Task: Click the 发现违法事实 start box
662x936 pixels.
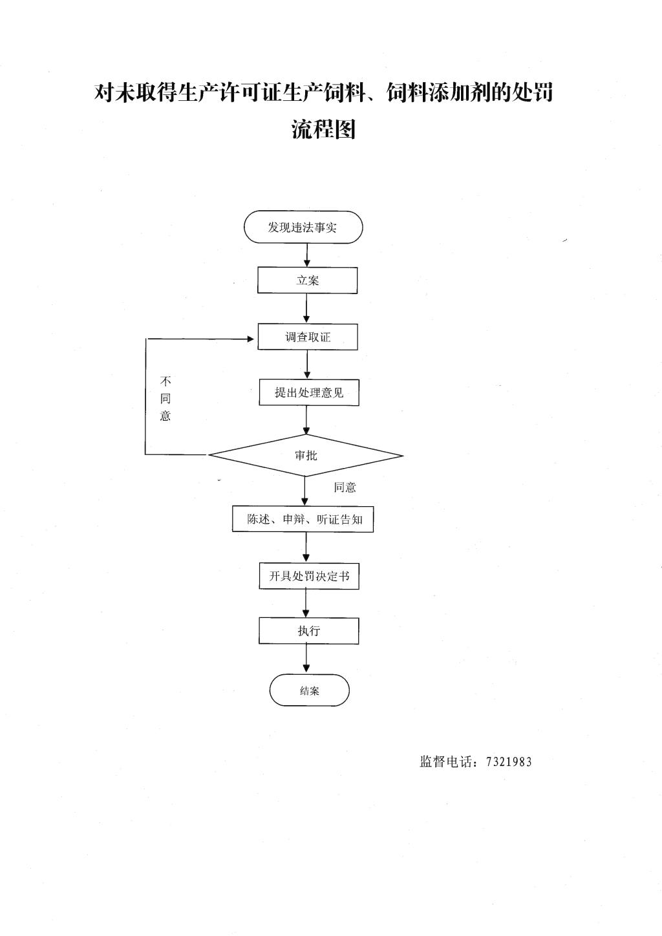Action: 303,227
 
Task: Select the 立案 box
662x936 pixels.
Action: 307,280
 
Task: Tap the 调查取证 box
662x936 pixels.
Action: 308,337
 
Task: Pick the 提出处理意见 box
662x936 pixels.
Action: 309,392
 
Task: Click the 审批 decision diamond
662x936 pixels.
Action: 306,456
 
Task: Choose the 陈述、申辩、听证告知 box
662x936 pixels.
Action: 303,520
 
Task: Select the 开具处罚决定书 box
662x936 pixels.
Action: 309,576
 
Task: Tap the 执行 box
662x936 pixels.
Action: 309,630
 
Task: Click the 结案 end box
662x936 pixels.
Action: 309,690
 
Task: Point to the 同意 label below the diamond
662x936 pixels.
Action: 345,487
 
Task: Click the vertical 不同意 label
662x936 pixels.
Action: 165,398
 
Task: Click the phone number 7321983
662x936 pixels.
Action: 509,762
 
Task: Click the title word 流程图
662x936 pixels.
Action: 323,129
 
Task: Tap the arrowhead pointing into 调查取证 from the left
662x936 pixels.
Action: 251,339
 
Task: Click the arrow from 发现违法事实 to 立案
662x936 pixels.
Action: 307,255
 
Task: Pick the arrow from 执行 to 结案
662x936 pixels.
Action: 306,659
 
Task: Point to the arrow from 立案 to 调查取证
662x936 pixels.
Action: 306,308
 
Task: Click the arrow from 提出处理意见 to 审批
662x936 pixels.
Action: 306,420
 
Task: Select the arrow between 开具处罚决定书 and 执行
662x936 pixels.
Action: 306,603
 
